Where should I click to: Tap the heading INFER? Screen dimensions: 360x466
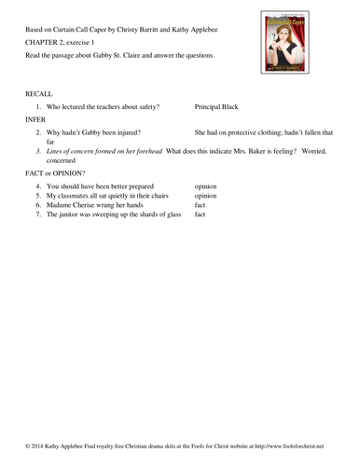(x=29, y=119)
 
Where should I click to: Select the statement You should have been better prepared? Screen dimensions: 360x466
(x=103, y=185)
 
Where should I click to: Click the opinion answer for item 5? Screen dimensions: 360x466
(x=205, y=197)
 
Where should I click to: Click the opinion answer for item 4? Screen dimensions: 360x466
(x=205, y=185)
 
